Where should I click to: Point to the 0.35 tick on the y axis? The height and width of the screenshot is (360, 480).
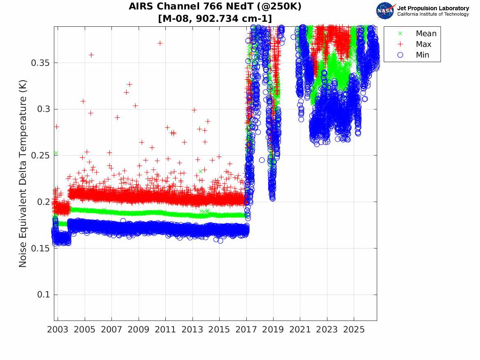coord(40,63)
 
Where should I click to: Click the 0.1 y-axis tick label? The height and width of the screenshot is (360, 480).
coord(43,295)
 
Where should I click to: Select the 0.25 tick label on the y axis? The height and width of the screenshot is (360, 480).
coord(40,156)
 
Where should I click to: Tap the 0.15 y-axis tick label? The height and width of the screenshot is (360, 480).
coord(40,248)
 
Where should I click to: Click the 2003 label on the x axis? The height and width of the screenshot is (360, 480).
coord(58,330)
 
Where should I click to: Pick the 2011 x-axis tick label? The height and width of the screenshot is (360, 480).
coord(165,330)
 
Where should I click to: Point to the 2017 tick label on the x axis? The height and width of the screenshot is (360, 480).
coord(246,330)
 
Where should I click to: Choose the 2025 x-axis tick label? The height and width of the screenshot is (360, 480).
coord(354,330)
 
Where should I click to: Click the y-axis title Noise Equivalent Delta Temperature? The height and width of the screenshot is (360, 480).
coord(23,174)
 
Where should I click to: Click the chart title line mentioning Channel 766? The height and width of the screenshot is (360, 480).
coord(215,6)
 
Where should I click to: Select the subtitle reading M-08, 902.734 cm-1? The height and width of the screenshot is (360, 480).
coord(215,19)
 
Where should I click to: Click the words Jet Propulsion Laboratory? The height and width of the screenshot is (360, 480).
coord(433,8)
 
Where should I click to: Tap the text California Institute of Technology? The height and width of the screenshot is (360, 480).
coord(433,14)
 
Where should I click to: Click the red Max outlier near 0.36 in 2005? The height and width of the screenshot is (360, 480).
coord(91,55)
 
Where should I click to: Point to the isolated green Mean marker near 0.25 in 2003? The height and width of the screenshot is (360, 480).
coord(56,153)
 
